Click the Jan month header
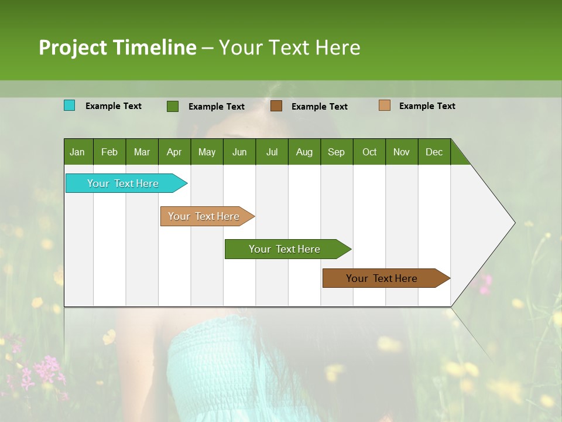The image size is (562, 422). click(78, 152)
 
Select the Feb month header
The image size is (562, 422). click(109, 152)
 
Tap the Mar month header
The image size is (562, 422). click(142, 152)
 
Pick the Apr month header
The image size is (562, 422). click(174, 152)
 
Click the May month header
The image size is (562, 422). click(207, 152)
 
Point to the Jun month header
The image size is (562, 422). click(239, 152)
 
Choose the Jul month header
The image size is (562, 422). click(272, 152)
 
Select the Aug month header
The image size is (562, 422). click(304, 152)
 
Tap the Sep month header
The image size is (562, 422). click(336, 152)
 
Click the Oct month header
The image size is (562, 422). click(369, 152)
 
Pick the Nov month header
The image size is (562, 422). click(402, 152)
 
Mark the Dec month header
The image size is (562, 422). click(434, 152)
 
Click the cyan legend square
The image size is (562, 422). click(69, 105)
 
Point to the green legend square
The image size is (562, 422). click(172, 106)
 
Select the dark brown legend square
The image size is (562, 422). click(276, 106)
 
